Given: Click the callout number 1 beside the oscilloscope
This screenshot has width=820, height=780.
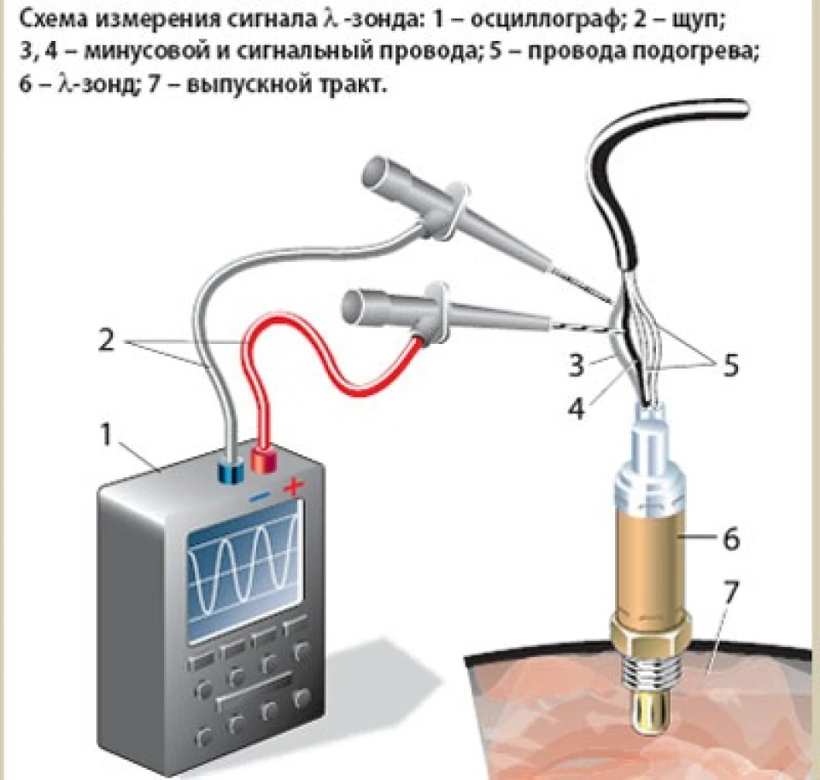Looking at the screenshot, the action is click(106, 434).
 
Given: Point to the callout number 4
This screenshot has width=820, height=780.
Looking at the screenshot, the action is click(577, 407).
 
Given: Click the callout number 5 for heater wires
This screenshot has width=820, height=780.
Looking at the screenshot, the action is click(730, 364).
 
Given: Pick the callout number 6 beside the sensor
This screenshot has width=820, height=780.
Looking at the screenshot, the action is click(731, 538).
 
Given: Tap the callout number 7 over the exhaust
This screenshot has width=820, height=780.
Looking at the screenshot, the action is click(730, 592).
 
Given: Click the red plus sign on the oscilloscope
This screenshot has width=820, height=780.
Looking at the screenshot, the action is click(294, 487).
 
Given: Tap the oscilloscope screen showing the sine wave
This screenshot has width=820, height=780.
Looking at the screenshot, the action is click(245, 571).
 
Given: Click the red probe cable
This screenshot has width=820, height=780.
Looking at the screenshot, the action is click(335, 366).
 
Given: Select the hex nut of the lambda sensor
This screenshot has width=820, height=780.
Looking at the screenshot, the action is click(650, 632).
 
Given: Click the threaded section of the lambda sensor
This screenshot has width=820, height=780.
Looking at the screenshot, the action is click(651, 671).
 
